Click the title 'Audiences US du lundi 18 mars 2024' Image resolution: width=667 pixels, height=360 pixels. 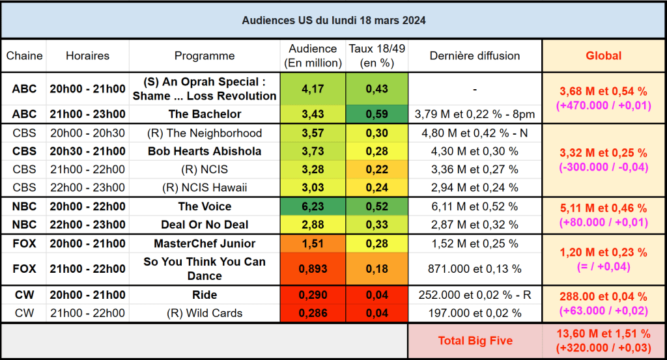click(x=333, y=20)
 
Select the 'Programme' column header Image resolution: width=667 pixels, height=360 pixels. click(x=205, y=56)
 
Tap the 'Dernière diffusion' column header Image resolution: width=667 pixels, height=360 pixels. click(x=475, y=56)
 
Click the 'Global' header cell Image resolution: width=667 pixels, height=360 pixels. click(x=604, y=56)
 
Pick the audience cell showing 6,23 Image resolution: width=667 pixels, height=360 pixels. click(x=313, y=206)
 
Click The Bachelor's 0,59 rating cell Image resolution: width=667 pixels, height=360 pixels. click(x=376, y=114)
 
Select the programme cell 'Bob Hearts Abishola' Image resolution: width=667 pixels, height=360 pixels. click(x=205, y=152)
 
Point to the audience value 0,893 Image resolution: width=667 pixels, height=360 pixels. click(x=313, y=269)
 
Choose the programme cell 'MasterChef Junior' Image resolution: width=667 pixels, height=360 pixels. click(x=205, y=243)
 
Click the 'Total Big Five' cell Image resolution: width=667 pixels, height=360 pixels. click(x=475, y=340)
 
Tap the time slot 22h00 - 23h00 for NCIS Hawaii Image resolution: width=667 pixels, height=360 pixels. click(x=87, y=188)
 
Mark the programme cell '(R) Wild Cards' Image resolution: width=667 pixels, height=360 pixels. click(x=205, y=313)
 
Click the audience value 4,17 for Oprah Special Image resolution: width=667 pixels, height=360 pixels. click(x=313, y=89)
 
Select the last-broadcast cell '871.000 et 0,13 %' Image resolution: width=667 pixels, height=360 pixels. click(x=475, y=269)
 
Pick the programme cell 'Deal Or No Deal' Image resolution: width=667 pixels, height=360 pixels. click(x=205, y=225)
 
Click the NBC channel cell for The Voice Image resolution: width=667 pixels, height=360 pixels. click(x=24, y=206)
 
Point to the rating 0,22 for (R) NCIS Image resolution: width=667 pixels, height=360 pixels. click(x=376, y=170)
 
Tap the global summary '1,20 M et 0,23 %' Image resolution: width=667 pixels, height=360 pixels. click(x=604, y=253)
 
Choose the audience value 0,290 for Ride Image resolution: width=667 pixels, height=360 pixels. click(x=313, y=295)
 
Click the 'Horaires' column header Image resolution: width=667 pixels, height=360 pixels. click(x=87, y=56)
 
